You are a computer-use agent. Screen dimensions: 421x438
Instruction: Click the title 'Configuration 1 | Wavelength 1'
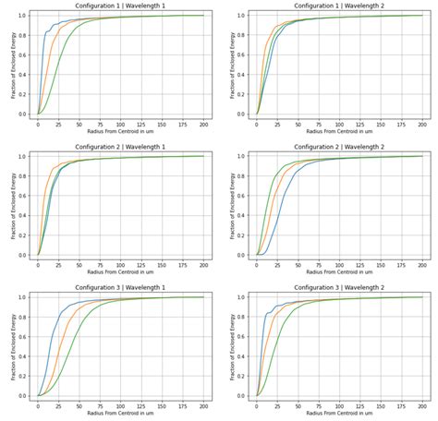tap(119, 6)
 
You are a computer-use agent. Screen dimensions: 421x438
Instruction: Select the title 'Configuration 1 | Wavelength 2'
tap(338, 6)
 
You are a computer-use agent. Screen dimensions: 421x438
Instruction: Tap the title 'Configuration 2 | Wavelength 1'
tap(119, 147)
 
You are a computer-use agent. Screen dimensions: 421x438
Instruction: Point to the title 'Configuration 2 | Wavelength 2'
tap(338, 147)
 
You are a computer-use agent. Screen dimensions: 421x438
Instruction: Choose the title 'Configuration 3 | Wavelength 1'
tap(119, 288)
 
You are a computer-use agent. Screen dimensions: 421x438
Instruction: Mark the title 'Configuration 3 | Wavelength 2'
tap(338, 288)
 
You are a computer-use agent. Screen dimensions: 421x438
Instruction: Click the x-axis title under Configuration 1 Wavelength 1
tap(119, 131)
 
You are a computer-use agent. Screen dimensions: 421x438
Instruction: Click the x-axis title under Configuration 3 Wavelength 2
tap(338, 414)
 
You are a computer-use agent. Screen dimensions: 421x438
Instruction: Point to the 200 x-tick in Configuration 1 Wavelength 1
tap(203, 123)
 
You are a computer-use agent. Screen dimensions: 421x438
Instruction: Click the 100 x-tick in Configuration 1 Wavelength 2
tap(339, 123)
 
